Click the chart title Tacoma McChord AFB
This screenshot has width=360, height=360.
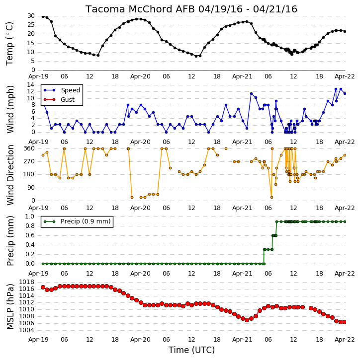[140, 9]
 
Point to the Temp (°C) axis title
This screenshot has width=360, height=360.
[9, 44]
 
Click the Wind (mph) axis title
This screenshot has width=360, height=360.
[10, 109]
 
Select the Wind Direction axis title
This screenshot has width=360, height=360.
[10, 175]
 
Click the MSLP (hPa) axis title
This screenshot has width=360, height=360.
[10, 306]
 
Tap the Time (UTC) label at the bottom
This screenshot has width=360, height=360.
[191, 350]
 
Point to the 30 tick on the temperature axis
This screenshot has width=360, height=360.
[31, 16]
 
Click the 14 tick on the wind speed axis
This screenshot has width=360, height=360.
[31, 85]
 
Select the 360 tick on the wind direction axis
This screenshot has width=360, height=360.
[29, 148]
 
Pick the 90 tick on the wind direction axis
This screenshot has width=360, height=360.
[31, 188]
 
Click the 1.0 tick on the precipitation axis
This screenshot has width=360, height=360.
[30, 216]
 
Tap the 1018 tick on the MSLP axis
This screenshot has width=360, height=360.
[27, 282]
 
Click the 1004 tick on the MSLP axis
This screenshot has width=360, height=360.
[27, 330]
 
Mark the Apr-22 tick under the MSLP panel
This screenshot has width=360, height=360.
[345, 340]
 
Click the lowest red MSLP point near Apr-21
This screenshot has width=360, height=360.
[247, 320]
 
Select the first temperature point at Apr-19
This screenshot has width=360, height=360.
[43, 16]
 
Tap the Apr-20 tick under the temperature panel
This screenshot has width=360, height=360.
[140, 76]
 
